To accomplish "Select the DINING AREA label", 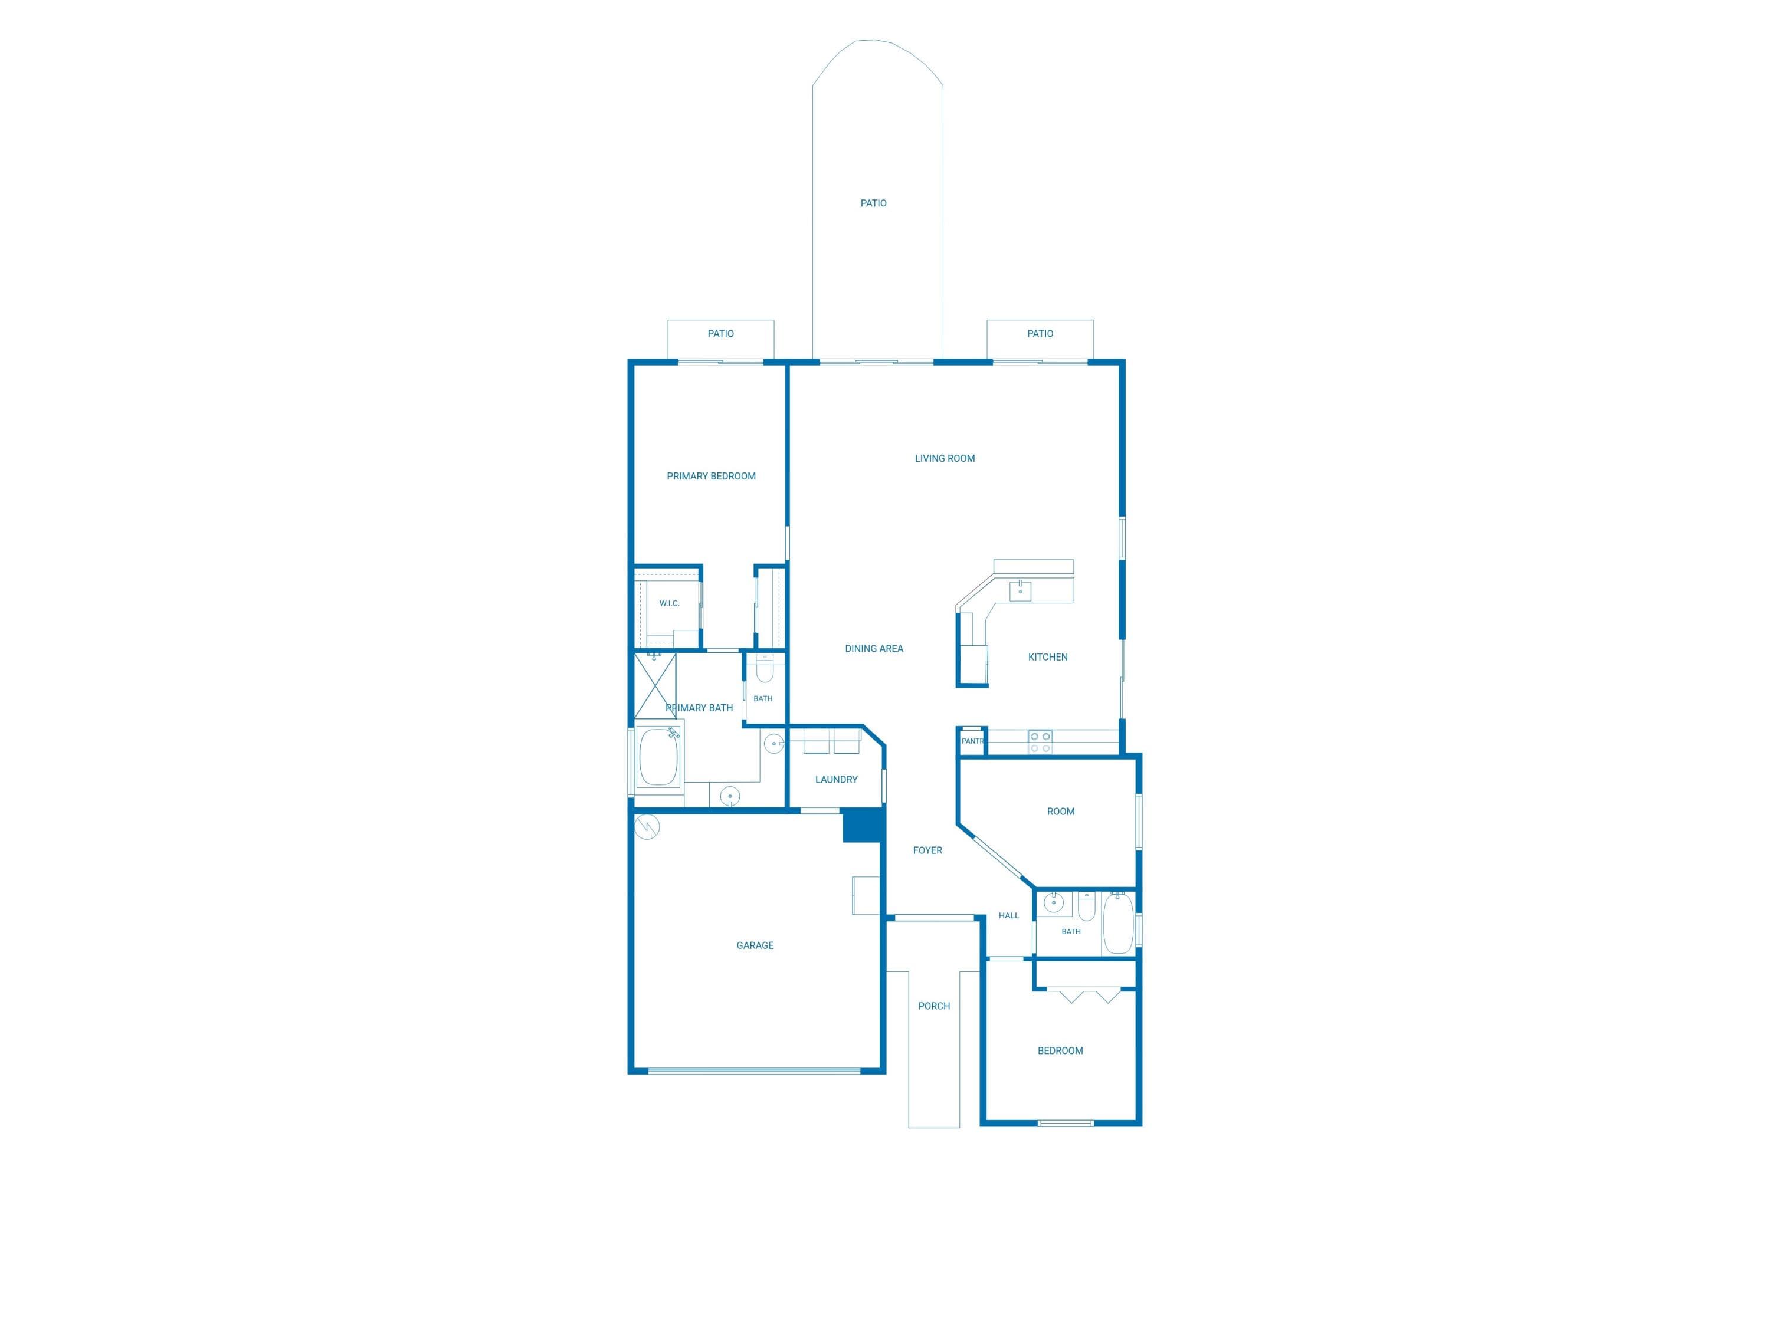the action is pyautogui.click(x=874, y=649).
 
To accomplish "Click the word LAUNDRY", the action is pyautogui.click(x=836, y=779).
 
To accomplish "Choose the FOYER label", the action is pyautogui.click(x=927, y=850).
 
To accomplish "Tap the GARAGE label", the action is pyautogui.click(x=755, y=945).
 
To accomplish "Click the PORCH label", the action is pyautogui.click(x=934, y=1006).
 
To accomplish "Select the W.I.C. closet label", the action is pyautogui.click(x=669, y=603).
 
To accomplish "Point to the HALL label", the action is pyautogui.click(x=1008, y=915).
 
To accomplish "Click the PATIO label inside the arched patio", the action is pyautogui.click(x=873, y=203).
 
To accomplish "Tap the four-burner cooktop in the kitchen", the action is pyautogui.click(x=1040, y=741).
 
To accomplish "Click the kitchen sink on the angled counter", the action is pyautogui.click(x=1020, y=591).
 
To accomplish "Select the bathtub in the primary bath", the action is pyautogui.click(x=658, y=757).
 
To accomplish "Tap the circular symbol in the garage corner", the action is pyautogui.click(x=647, y=826).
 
